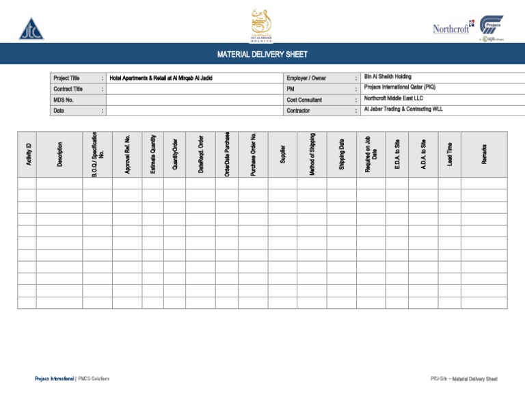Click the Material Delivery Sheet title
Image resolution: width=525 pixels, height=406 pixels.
pos(262,54)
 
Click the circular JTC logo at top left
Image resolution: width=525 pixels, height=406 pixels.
pos(30,29)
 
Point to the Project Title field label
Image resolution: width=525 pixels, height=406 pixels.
pos(66,79)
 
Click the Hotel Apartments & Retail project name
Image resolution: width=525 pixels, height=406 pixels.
pos(161,79)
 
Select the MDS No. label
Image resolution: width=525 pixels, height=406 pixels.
pos(64,100)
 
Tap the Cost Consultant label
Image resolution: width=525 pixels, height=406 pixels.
pos(305,100)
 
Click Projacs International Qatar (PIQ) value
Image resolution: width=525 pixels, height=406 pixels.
pos(400,87)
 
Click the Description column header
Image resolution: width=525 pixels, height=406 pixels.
pos(60,154)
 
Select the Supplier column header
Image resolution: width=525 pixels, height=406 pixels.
pos(282,154)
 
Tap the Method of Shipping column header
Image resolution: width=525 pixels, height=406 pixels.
pos(312,154)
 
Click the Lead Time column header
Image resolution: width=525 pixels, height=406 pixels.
pos(449,154)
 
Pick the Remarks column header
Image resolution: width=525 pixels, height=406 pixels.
pos(484,154)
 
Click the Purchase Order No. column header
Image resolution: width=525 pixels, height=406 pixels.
pos(253,154)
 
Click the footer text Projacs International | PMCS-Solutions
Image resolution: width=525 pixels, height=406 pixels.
pos(72,379)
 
